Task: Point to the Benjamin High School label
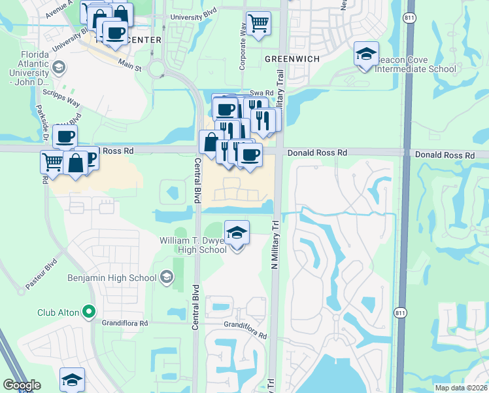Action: pos(112,278)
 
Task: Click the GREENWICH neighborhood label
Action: pos(292,59)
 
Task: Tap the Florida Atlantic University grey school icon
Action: pos(58,67)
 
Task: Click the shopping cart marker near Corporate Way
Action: pos(258,23)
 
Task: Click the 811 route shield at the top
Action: pos(409,18)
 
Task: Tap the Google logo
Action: pos(22,385)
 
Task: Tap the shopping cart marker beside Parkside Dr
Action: pos(52,160)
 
